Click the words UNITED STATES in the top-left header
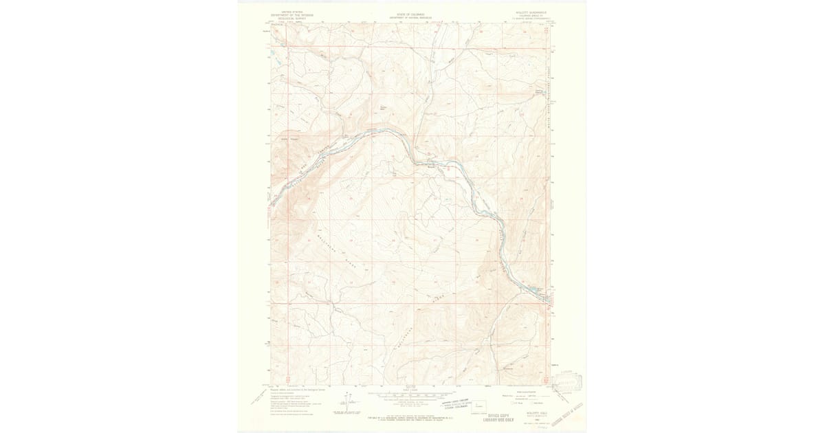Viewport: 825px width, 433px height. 287,12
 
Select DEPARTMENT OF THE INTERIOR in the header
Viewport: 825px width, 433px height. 287,15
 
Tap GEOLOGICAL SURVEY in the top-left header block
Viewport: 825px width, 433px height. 287,19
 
